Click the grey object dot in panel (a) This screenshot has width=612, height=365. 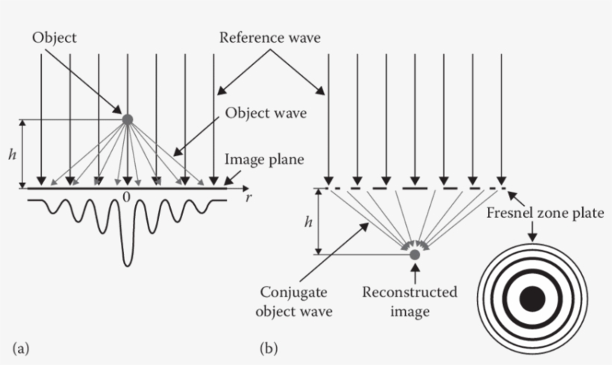pyautogui.click(x=128, y=119)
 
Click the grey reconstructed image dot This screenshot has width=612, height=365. pyautogui.click(x=415, y=255)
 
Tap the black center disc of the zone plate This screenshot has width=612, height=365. pyautogui.click(x=531, y=299)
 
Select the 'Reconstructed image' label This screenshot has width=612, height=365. pyautogui.click(x=410, y=301)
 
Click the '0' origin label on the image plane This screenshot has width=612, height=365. pyautogui.click(x=128, y=197)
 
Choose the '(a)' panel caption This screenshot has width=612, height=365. pyautogui.click(x=21, y=348)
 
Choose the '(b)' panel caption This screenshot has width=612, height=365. pyautogui.click(x=268, y=348)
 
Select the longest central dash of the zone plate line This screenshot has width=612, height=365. pyautogui.click(x=415, y=188)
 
